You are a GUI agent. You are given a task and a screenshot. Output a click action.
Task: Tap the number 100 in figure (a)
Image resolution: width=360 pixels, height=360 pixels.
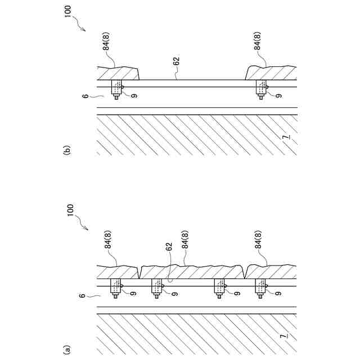pos(71,213)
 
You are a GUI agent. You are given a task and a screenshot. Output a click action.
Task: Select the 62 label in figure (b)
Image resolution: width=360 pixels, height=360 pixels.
pos(176,62)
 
